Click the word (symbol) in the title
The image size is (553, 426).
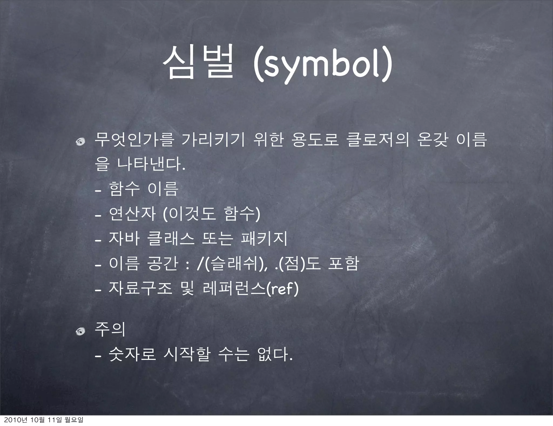coord(321,65)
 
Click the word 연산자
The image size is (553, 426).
coord(132,214)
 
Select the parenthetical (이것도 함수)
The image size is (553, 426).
coord(212,214)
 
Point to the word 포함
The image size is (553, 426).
coord(343,264)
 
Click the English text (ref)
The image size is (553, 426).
coord(282,289)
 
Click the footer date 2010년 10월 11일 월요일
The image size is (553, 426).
coord(42,421)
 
